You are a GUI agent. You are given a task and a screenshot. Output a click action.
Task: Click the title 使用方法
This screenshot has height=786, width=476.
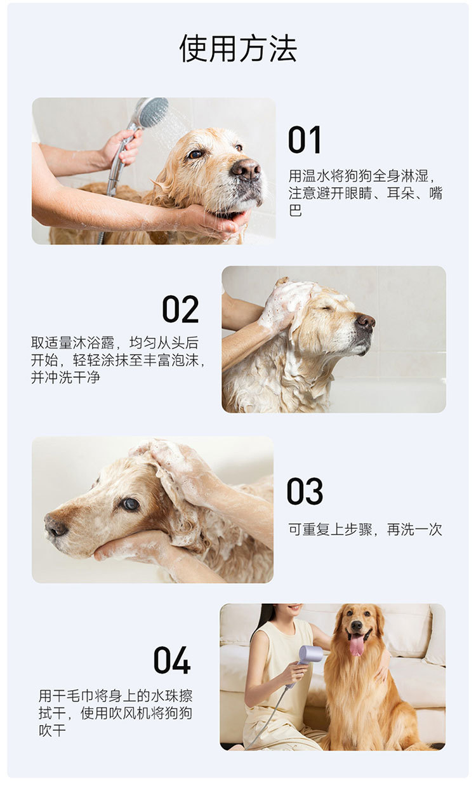pyautogui.click(x=238, y=48)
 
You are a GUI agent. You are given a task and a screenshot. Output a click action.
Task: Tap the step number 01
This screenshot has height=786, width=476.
pyautogui.click(x=305, y=140)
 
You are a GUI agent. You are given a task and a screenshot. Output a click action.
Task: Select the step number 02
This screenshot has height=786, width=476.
pyautogui.click(x=180, y=309)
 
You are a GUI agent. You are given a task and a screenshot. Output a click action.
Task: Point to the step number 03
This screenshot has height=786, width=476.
pyautogui.click(x=305, y=491)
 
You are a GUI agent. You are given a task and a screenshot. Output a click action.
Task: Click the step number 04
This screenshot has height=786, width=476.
pyautogui.click(x=172, y=660)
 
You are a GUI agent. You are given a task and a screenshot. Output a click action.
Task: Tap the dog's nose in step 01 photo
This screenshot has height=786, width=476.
pyautogui.click(x=246, y=169)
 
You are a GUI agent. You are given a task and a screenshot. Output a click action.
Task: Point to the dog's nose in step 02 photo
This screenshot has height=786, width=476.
pyautogui.click(x=366, y=321)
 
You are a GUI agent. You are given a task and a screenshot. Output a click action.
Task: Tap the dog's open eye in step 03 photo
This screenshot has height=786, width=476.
pyautogui.click(x=131, y=504)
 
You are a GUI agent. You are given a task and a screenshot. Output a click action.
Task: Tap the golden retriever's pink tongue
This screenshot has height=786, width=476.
pyautogui.click(x=357, y=645)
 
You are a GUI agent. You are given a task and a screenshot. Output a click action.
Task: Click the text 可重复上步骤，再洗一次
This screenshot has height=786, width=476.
pyautogui.click(x=365, y=530)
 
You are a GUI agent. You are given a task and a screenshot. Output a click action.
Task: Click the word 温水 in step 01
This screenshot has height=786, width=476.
pyautogui.click(x=309, y=175)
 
